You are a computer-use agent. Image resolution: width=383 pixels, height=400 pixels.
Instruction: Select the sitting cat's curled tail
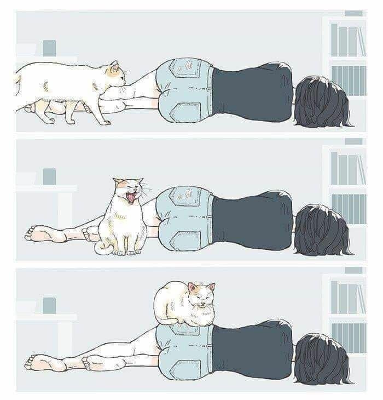pos(104,248)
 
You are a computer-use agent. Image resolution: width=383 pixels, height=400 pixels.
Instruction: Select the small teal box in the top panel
pos(49,48)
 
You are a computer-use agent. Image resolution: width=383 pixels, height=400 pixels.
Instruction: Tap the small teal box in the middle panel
pos(49,176)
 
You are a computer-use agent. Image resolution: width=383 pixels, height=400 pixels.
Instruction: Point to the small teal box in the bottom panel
pos(49,305)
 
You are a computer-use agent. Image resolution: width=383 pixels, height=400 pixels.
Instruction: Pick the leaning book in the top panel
pos(361,42)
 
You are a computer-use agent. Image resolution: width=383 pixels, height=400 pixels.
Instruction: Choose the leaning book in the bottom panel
pos(361,299)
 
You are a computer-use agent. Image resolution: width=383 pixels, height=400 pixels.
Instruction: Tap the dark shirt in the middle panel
pos(252,219)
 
